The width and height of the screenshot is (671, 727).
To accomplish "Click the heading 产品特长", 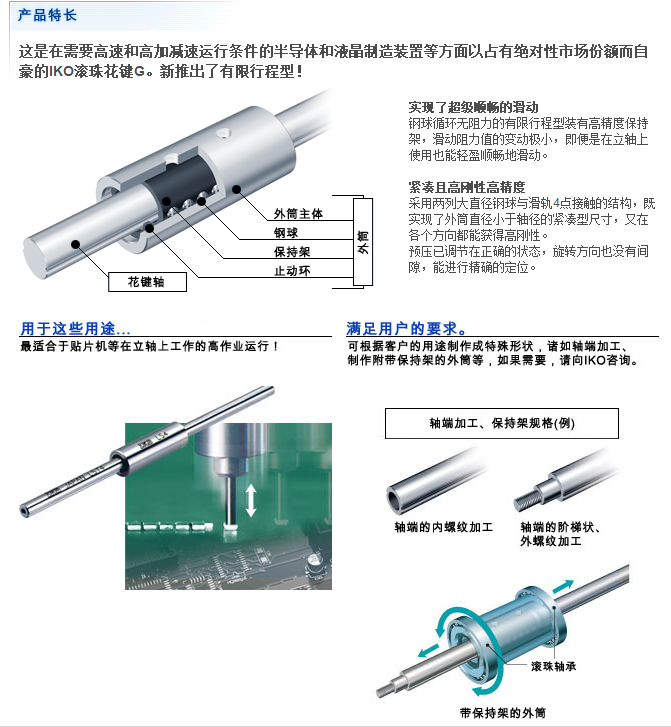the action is click(x=47, y=15).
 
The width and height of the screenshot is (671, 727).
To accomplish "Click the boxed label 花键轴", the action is click(x=147, y=282).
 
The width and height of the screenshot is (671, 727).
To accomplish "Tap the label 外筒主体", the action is click(x=298, y=214).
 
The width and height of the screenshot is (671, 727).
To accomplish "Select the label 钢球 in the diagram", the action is click(x=286, y=233).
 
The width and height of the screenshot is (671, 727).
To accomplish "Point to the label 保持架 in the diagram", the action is click(x=292, y=252).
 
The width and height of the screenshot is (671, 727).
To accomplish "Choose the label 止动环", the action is click(x=292, y=271).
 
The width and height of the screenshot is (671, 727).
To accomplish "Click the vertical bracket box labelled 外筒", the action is click(x=363, y=242).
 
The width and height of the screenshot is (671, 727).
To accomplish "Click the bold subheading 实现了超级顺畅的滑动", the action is click(x=473, y=108).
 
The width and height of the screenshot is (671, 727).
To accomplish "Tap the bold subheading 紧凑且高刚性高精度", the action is click(x=467, y=187).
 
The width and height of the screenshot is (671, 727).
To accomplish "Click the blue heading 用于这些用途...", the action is click(x=75, y=329).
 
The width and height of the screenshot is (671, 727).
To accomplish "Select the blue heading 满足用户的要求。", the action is click(x=407, y=329).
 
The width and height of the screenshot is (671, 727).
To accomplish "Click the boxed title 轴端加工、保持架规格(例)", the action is click(x=502, y=423).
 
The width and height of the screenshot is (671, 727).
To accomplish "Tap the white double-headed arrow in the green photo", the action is click(x=251, y=500).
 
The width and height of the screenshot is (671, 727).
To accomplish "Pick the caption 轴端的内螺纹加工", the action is click(x=443, y=527).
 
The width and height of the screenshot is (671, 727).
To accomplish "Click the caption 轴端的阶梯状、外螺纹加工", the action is click(x=560, y=534).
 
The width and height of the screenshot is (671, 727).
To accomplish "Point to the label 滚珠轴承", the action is click(x=553, y=666).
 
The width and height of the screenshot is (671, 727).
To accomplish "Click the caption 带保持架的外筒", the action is click(x=503, y=713).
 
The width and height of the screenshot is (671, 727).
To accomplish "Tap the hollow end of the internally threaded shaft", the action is click(x=395, y=500).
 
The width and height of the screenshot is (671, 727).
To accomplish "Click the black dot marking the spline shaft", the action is click(x=75, y=244).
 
